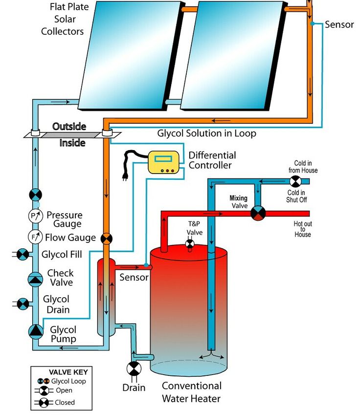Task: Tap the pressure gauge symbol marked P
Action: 35,216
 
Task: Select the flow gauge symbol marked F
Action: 35,237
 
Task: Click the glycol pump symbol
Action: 35,331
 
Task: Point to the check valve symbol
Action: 35,279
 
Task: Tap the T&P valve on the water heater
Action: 190,243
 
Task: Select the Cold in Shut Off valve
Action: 295,182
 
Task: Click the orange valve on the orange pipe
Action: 106,239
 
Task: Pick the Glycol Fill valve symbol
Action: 22,254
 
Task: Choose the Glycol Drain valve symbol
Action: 22,304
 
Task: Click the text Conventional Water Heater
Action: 191,392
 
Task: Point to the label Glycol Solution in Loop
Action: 206,133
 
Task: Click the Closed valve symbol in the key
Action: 45,403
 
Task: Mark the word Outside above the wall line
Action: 69,127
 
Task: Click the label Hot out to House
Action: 302,229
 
